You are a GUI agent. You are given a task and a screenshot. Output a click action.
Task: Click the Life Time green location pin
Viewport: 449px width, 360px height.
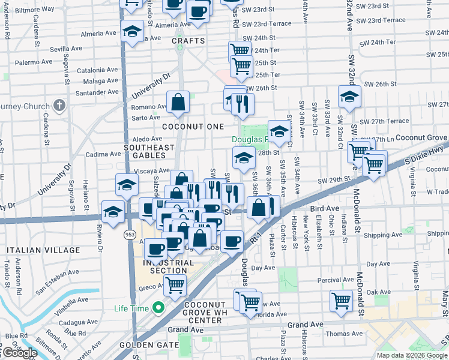point(158,308)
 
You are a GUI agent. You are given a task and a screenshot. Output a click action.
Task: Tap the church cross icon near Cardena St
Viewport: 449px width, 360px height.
point(58,106)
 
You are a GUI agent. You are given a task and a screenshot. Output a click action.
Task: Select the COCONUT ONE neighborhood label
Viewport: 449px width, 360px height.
point(193,127)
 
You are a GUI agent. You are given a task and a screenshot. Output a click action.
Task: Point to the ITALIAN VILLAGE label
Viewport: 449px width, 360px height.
point(43,250)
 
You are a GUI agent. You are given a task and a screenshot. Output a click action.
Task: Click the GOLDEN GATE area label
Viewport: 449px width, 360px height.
point(149,345)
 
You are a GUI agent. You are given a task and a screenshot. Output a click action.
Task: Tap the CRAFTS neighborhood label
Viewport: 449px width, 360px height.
point(188,41)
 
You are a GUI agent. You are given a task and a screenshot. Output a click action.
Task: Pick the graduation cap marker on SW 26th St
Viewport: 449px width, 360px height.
point(349,96)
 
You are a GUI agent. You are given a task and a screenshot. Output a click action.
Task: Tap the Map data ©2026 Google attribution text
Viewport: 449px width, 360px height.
point(412,355)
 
